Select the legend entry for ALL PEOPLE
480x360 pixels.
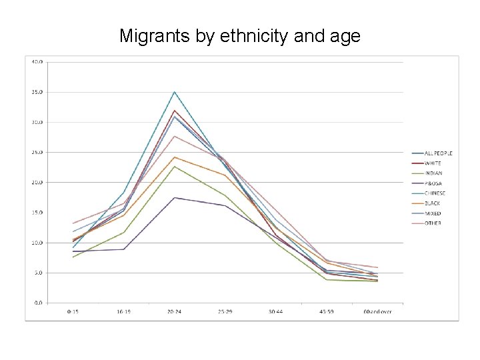tap(438, 153)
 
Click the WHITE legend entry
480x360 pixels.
tap(433, 163)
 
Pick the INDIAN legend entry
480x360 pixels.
tap(433, 173)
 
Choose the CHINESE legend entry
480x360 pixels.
tap(435, 193)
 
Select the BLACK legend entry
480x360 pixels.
tap(433, 203)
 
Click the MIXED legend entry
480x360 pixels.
tap(433, 213)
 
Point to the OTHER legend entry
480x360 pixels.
tap(433, 223)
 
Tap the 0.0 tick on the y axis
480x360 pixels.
tap(38, 303)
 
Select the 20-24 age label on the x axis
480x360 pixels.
tap(175, 311)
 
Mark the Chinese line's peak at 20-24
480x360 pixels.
tap(175, 92)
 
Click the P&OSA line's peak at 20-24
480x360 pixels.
tap(175, 197)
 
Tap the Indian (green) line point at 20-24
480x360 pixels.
tap(175, 166)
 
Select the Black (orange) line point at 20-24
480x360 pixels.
tap(175, 157)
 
